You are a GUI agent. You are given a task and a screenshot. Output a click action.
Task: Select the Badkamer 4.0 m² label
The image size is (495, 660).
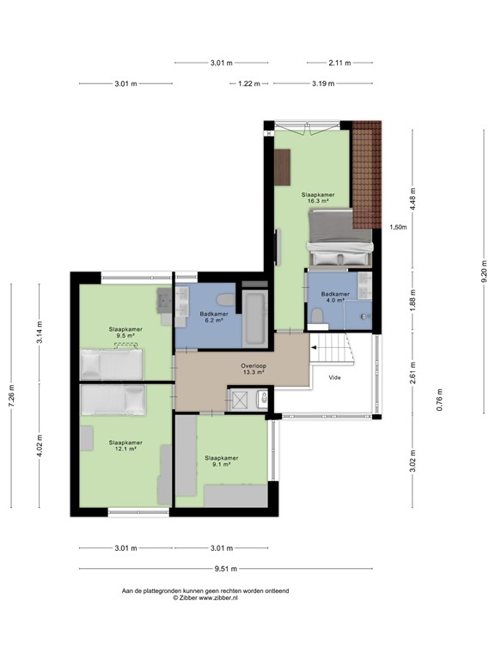click(x=335, y=297)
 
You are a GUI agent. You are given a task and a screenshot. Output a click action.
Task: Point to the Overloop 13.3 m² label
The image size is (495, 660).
click(x=253, y=370)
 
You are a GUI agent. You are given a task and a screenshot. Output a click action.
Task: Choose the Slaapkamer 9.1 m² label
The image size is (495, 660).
click(x=222, y=461)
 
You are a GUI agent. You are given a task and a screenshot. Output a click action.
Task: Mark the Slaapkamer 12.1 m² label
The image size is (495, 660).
click(x=125, y=446)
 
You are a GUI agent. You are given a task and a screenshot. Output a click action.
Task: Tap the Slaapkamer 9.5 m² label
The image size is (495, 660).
click(x=125, y=333)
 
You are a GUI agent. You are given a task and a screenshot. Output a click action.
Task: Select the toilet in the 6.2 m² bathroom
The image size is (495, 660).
click(x=225, y=300)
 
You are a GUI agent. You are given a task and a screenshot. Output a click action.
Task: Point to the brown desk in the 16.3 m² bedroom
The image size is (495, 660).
click(x=283, y=167)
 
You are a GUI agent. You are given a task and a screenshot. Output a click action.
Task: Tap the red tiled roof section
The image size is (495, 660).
click(x=367, y=172)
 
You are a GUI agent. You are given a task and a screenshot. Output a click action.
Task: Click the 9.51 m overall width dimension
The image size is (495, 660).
click(x=226, y=569)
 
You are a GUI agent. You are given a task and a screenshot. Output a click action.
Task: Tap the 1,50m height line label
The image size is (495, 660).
click(x=398, y=228)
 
